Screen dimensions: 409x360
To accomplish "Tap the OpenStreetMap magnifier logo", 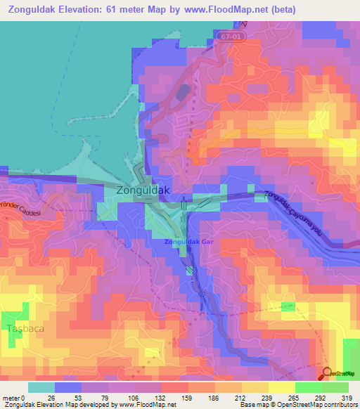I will click(x=328, y=374).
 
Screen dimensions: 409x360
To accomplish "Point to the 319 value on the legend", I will click(x=347, y=397).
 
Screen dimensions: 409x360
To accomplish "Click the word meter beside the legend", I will click(x=12, y=397).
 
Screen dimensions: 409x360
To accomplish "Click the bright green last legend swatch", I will click(x=335, y=387).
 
